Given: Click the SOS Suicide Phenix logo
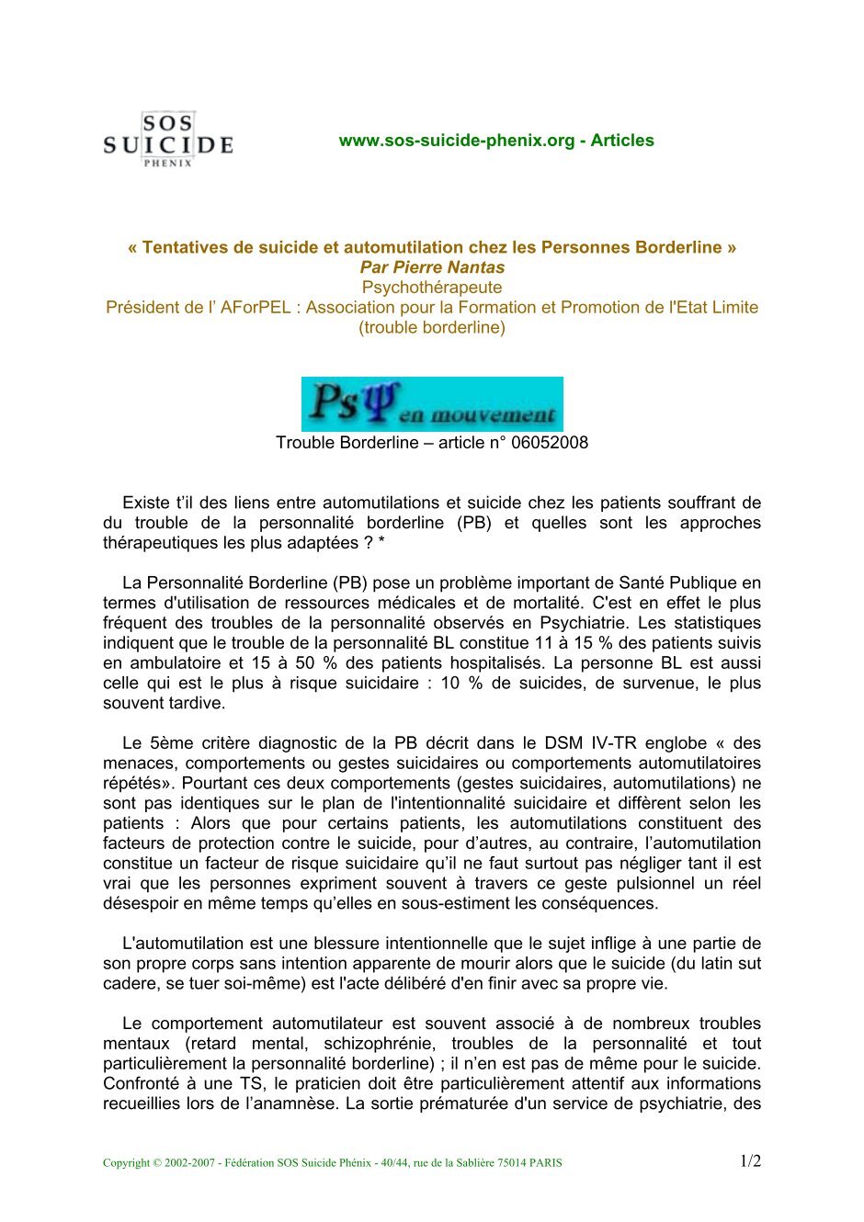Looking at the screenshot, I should [x=167, y=140].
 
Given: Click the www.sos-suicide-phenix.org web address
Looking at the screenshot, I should [x=456, y=141].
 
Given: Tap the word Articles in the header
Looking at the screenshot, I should [x=622, y=141].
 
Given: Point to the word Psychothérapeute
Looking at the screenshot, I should [x=432, y=288].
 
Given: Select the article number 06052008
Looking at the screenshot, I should [x=550, y=443].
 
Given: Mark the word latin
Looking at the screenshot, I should [x=711, y=964].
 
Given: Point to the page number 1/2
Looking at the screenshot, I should [x=750, y=1161].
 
